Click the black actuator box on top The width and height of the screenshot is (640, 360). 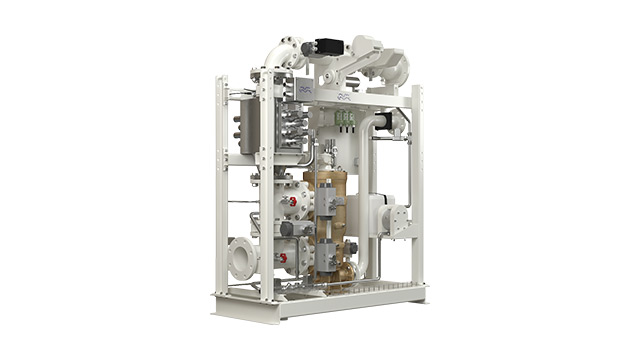[x=328, y=45]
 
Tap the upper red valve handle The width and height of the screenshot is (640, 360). [x=292, y=201]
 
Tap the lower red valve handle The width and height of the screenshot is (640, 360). [x=283, y=258]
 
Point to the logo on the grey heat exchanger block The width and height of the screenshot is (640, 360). [x=304, y=89]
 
